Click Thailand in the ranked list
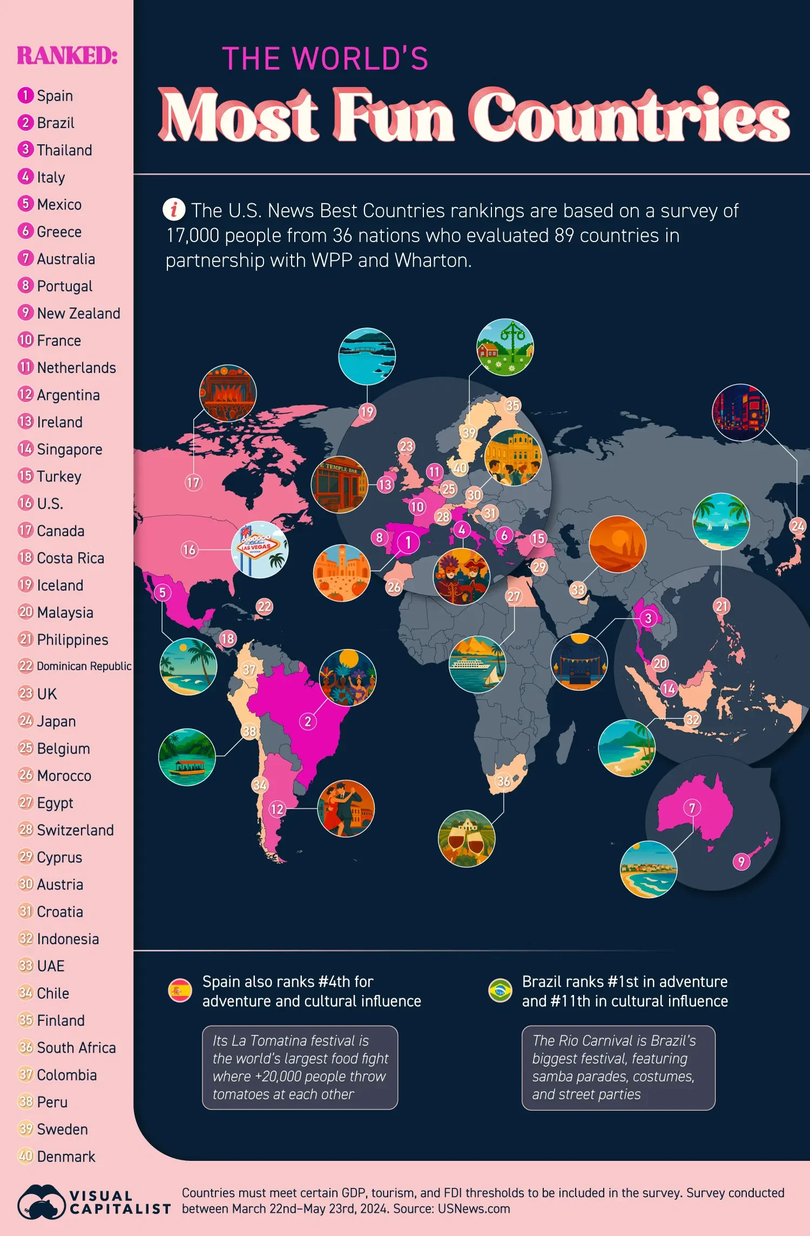tap(64, 150)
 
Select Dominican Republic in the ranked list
tap(83, 666)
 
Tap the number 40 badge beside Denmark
tap(25, 1156)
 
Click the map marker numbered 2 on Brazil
tap(308, 721)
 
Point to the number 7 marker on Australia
tap(692, 808)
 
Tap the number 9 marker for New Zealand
tap(741, 862)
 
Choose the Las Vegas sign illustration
tap(260, 549)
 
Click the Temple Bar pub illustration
tap(339, 485)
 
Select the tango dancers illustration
tap(346, 809)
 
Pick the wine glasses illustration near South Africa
tap(467, 838)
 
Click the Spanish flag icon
tap(180, 991)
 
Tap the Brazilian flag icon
tap(500, 991)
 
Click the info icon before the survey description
tap(174, 209)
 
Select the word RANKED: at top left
tap(67, 55)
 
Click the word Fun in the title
tap(394, 116)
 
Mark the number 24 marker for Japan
tap(797, 526)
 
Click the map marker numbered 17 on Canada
tap(193, 482)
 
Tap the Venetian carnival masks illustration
tap(461, 576)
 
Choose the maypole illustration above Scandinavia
tap(505, 347)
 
